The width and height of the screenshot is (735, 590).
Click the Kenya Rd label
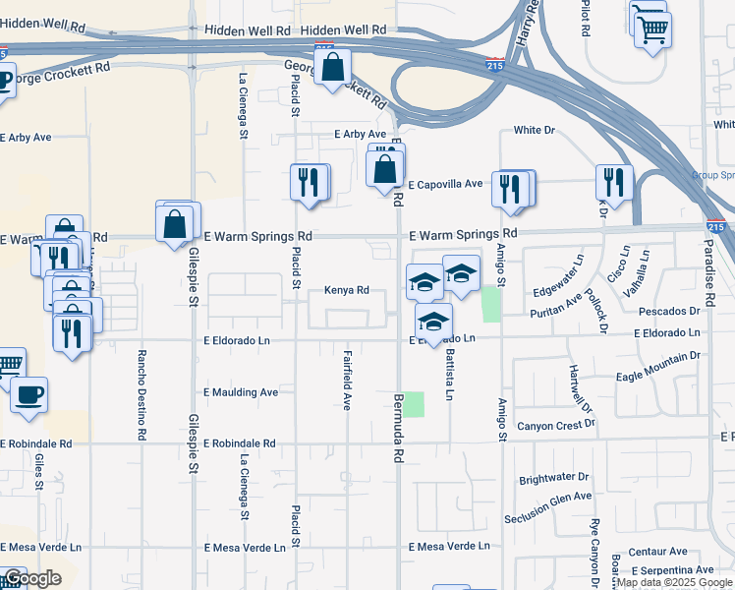coord(347,291)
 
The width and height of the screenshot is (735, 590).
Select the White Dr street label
coord(535,130)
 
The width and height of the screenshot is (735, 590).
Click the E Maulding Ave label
coord(241,391)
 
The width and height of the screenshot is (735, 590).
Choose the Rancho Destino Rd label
coord(142,394)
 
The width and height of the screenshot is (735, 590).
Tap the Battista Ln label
coord(450,374)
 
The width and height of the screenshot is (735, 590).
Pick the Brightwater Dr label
coord(554,479)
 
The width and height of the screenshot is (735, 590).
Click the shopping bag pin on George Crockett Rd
coord(333,68)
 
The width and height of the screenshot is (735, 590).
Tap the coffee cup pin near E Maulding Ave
coord(29,395)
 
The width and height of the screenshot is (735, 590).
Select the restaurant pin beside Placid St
coord(309,182)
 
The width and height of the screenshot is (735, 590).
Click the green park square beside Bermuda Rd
coord(415,404)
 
